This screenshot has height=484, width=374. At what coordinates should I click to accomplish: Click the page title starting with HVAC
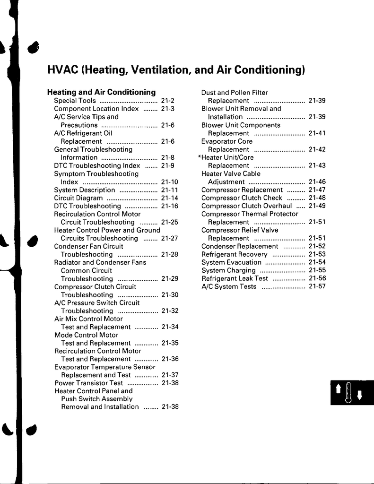(x=176, y=70)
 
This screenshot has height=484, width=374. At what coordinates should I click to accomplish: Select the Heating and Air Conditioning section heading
(x=101, y=92)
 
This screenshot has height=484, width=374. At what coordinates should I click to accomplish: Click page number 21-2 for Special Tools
(x=168, y=101)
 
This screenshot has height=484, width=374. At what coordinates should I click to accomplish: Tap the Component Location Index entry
(x=96, y=109)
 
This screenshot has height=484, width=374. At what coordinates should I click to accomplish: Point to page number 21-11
(x=170, y=190)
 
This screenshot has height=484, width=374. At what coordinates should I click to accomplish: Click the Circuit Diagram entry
(x=78, y=198)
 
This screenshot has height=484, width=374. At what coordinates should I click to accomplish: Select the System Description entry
(x=85, y=190)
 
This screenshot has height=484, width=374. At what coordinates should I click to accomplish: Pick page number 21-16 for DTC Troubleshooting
(x=170, y=206)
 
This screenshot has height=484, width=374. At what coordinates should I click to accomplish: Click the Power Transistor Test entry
(x=89, y=383)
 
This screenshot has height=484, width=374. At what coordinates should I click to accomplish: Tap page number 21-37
(x=170, y=375)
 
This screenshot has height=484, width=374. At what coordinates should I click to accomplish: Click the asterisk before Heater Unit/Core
(x=200, y=157)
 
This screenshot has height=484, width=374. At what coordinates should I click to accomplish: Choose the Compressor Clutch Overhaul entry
(x=246, y=206)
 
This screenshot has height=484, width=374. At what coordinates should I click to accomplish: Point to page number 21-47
(x=317, y=190)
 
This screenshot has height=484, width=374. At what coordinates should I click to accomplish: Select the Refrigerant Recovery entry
(x=235, y=254)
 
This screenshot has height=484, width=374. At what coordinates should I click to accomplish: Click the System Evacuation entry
(x=231, y=262)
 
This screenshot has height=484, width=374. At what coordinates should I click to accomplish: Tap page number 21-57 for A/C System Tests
(x=317, y=286)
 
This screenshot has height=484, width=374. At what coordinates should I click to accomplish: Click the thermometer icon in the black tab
(x=348, y=393)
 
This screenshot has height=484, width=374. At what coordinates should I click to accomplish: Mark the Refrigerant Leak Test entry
(x=235, y=278)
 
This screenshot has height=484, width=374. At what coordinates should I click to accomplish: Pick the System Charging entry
(x=228, y=270)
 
